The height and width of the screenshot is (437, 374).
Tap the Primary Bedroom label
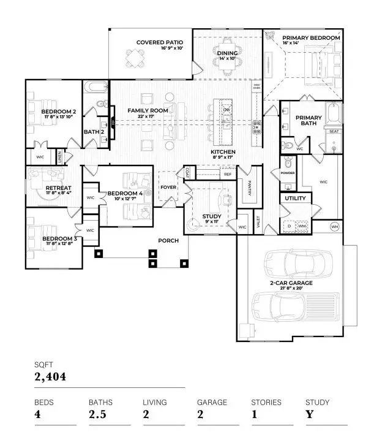(x=310, y=38)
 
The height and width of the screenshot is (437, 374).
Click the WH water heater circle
(x=334, y=227)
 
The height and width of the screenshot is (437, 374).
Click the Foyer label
(x=168, y=188)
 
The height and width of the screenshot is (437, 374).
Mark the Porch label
(x=168, y=240)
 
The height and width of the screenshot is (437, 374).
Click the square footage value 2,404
(x=50, y=376)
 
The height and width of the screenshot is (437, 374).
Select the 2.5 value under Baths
(x=97, y=414)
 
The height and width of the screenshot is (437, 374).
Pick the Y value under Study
(x=309, y=414)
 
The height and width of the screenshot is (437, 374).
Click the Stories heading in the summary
(x=266, y=402)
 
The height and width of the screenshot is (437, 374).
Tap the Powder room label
(x=288, y=173)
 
